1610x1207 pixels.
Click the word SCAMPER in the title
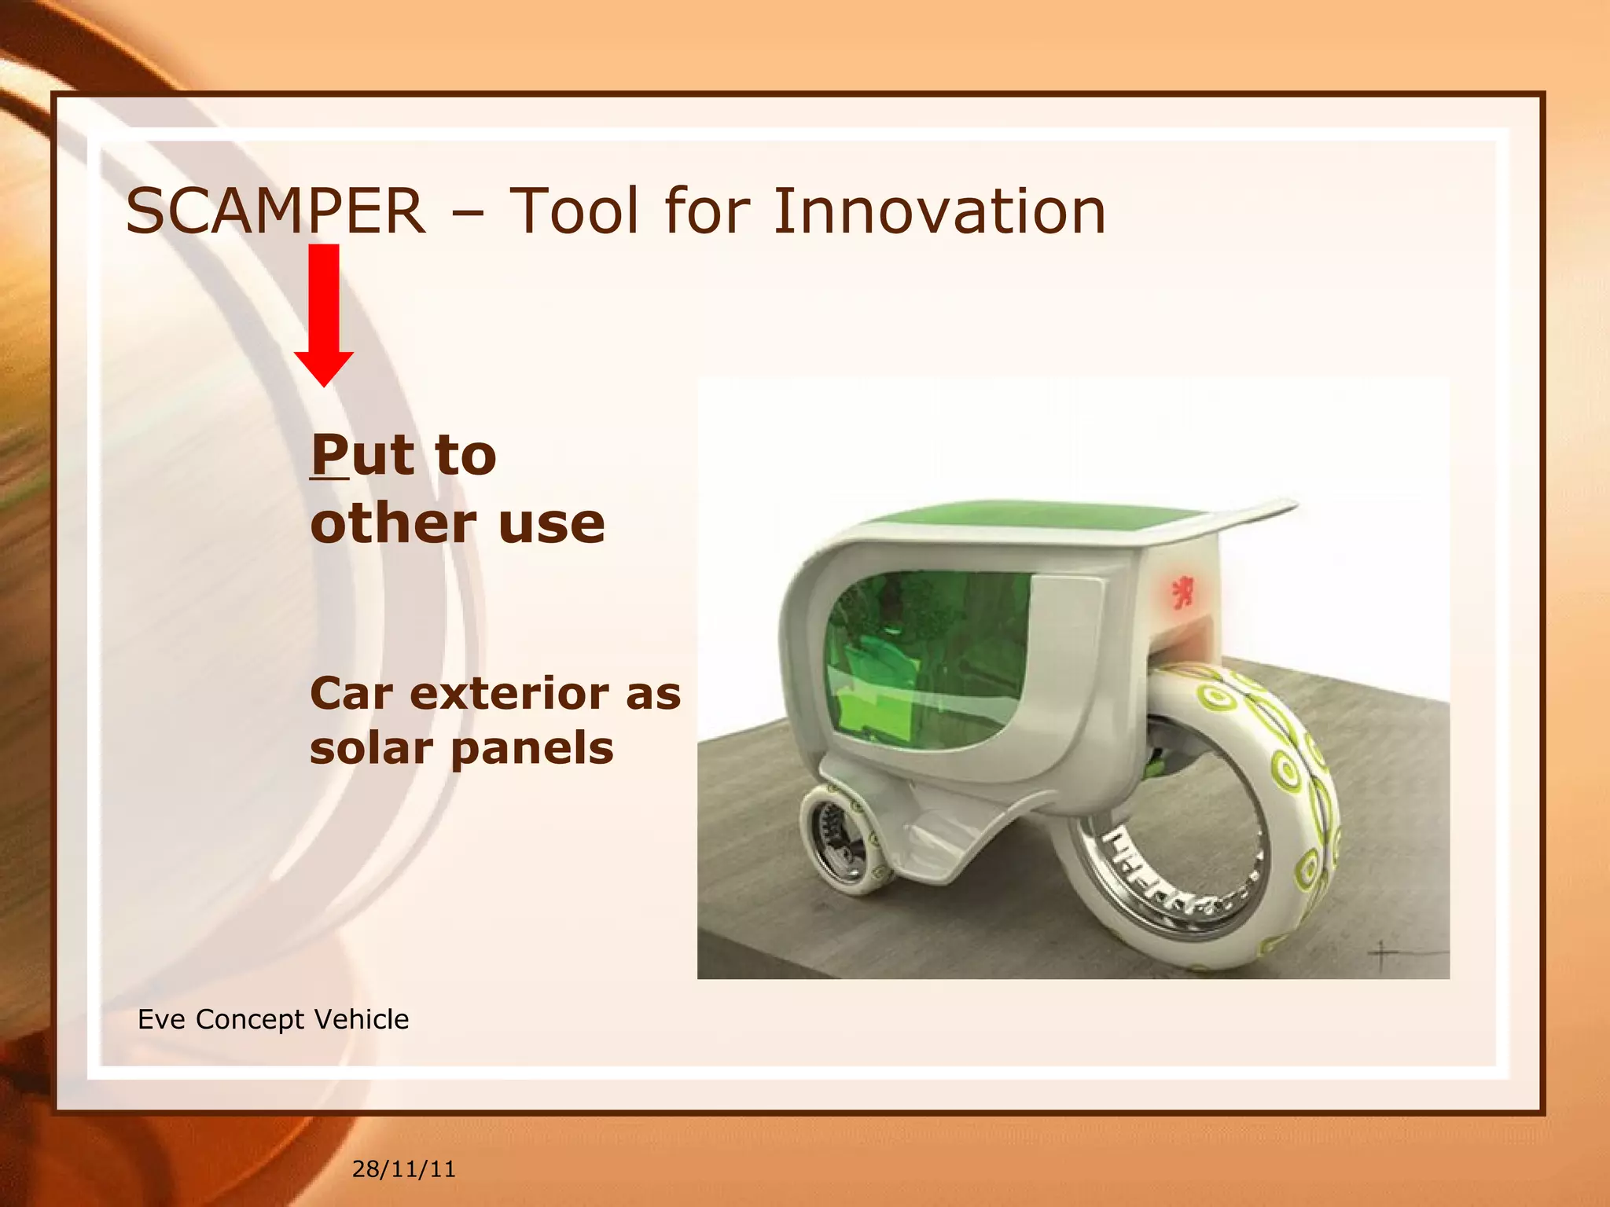[x=275, y=211]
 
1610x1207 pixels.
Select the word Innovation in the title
[x=939, y=211]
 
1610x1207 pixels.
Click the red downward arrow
[x=324, y=314]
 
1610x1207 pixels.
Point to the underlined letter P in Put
[x=329, y=455]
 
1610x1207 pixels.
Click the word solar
[x=371, y=747]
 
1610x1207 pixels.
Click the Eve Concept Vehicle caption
[x=273, y=1019]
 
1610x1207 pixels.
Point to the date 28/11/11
[x=403, y=1169]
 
